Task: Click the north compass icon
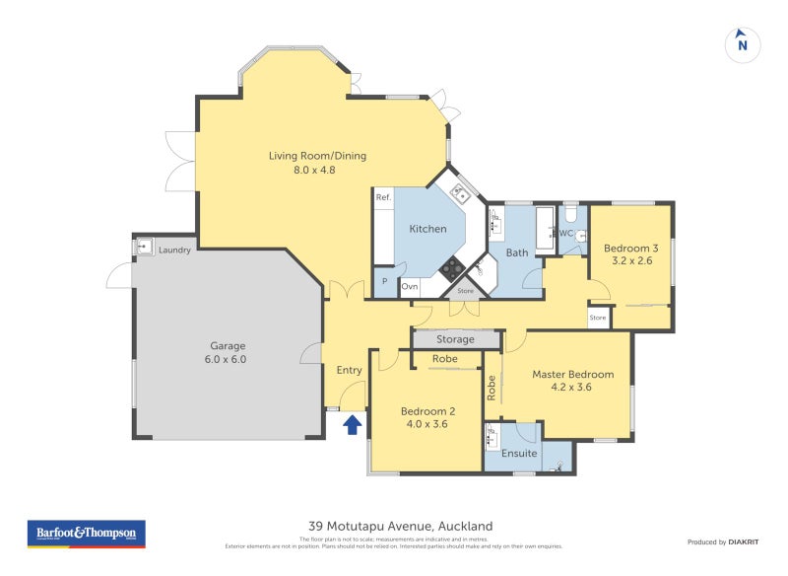[743, 44]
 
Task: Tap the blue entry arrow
[352, 424]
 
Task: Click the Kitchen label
[428, 229]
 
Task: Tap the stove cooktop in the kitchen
[453, 266]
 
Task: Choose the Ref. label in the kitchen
[384, 198]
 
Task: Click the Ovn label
[410, 286]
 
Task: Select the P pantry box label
[384, 282]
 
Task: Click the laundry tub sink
[144, 247]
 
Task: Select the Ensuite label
[519, 454]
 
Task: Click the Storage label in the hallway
[455, 339]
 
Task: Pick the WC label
[567, 234]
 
